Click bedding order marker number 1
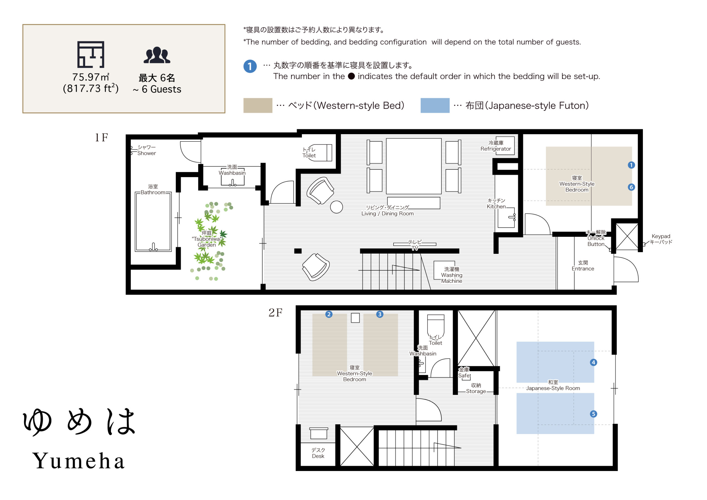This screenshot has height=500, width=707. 631,165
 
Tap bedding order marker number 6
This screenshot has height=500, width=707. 631,187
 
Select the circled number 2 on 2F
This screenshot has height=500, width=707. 329,314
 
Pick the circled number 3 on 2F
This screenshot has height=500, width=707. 380,314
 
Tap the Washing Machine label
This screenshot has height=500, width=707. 452,275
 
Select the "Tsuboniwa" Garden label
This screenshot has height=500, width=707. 207,239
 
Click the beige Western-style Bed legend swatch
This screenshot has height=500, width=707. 258,105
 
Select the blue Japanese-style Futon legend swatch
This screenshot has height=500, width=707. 435,105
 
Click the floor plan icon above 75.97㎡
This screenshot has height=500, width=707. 91,54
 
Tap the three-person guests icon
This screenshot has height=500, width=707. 157,55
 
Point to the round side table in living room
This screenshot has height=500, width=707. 336,207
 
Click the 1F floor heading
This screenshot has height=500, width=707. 101,137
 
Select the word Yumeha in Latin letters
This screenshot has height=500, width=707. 78,461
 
